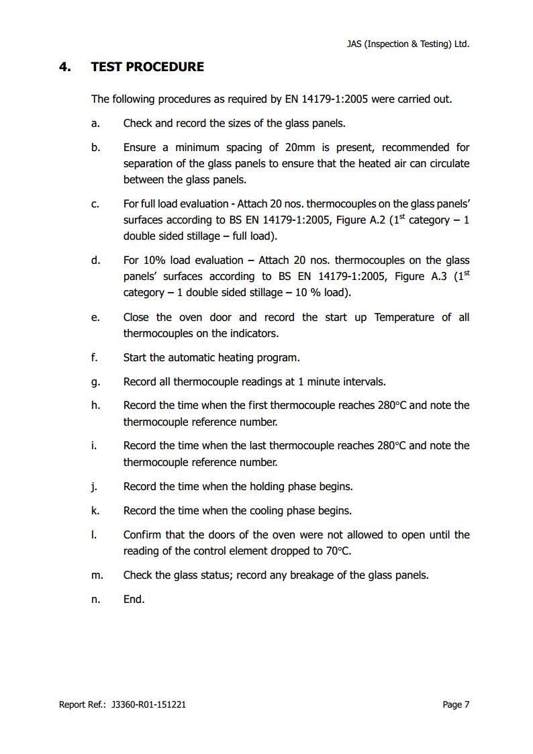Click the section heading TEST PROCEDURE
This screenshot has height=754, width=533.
[147, 66]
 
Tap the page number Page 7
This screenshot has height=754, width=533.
[456, 704]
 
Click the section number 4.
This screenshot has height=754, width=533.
[65, 66]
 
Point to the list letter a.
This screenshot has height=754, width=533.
[95, 124]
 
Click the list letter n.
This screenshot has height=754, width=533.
[95, 600]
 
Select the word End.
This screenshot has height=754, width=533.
[134, 600]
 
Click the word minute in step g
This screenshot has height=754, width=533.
[324, 382]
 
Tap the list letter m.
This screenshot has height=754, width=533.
[97, 575]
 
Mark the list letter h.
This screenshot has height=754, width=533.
[95, 406]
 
